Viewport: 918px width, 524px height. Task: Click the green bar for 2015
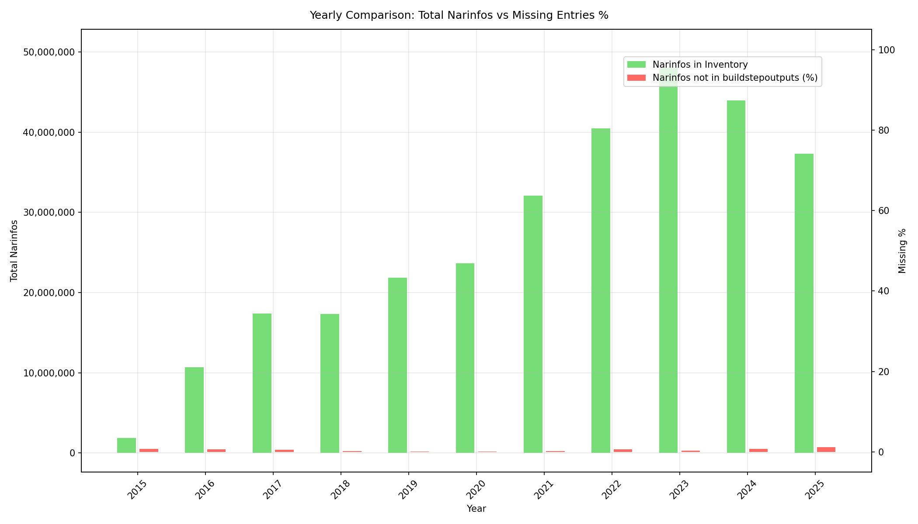pos(126,445)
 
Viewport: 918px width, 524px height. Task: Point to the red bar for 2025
pos(826,450)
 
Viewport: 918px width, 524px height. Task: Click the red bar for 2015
pos(149,451)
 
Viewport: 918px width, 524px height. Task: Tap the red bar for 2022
pos(622,451)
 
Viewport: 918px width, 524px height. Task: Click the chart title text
pos(459,15)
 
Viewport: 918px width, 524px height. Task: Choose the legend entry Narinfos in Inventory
pos(700,65)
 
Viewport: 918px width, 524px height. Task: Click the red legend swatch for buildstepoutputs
pos(636,78)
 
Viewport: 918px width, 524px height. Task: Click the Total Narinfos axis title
pos(14,251)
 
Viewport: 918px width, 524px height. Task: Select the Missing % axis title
pos(902,251)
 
